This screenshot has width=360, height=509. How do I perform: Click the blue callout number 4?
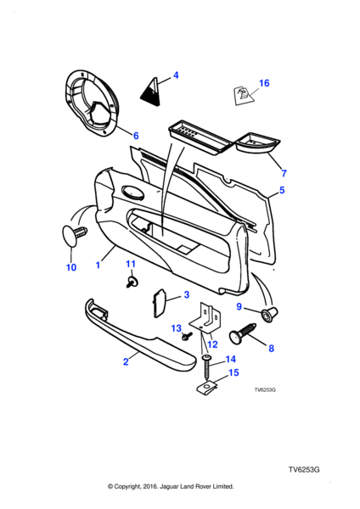point(176,76)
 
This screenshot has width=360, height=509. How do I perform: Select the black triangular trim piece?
point(151,92)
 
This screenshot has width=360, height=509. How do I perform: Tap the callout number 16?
point(264,83)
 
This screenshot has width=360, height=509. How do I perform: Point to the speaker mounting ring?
point(90,103)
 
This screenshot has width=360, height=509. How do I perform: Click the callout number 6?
point(136,136)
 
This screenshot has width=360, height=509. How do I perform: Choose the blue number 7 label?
point(284,173)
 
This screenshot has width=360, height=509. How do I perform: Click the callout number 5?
point(282,190)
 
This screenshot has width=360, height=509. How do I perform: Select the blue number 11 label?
point(130,264)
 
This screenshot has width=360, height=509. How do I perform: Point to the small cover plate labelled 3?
point(160,304)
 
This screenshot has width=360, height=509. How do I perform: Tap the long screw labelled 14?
point(206,367)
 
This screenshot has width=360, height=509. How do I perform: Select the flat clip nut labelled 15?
point(207,388)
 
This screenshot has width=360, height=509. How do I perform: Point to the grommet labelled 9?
point(269,314)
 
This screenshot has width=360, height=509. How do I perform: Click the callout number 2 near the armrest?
point(126,361)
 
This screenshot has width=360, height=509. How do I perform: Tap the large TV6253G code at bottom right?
point(304,470)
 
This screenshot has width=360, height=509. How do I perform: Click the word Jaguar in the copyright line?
point(167,486)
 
